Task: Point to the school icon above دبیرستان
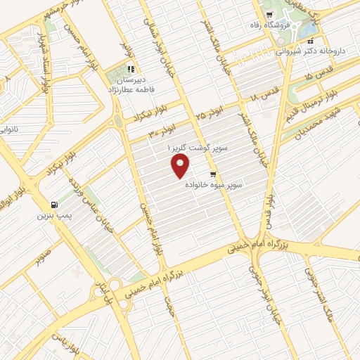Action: pos(130,69)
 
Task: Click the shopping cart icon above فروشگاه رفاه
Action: pos(267,14)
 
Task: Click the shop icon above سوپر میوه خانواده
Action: pos(212,172)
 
